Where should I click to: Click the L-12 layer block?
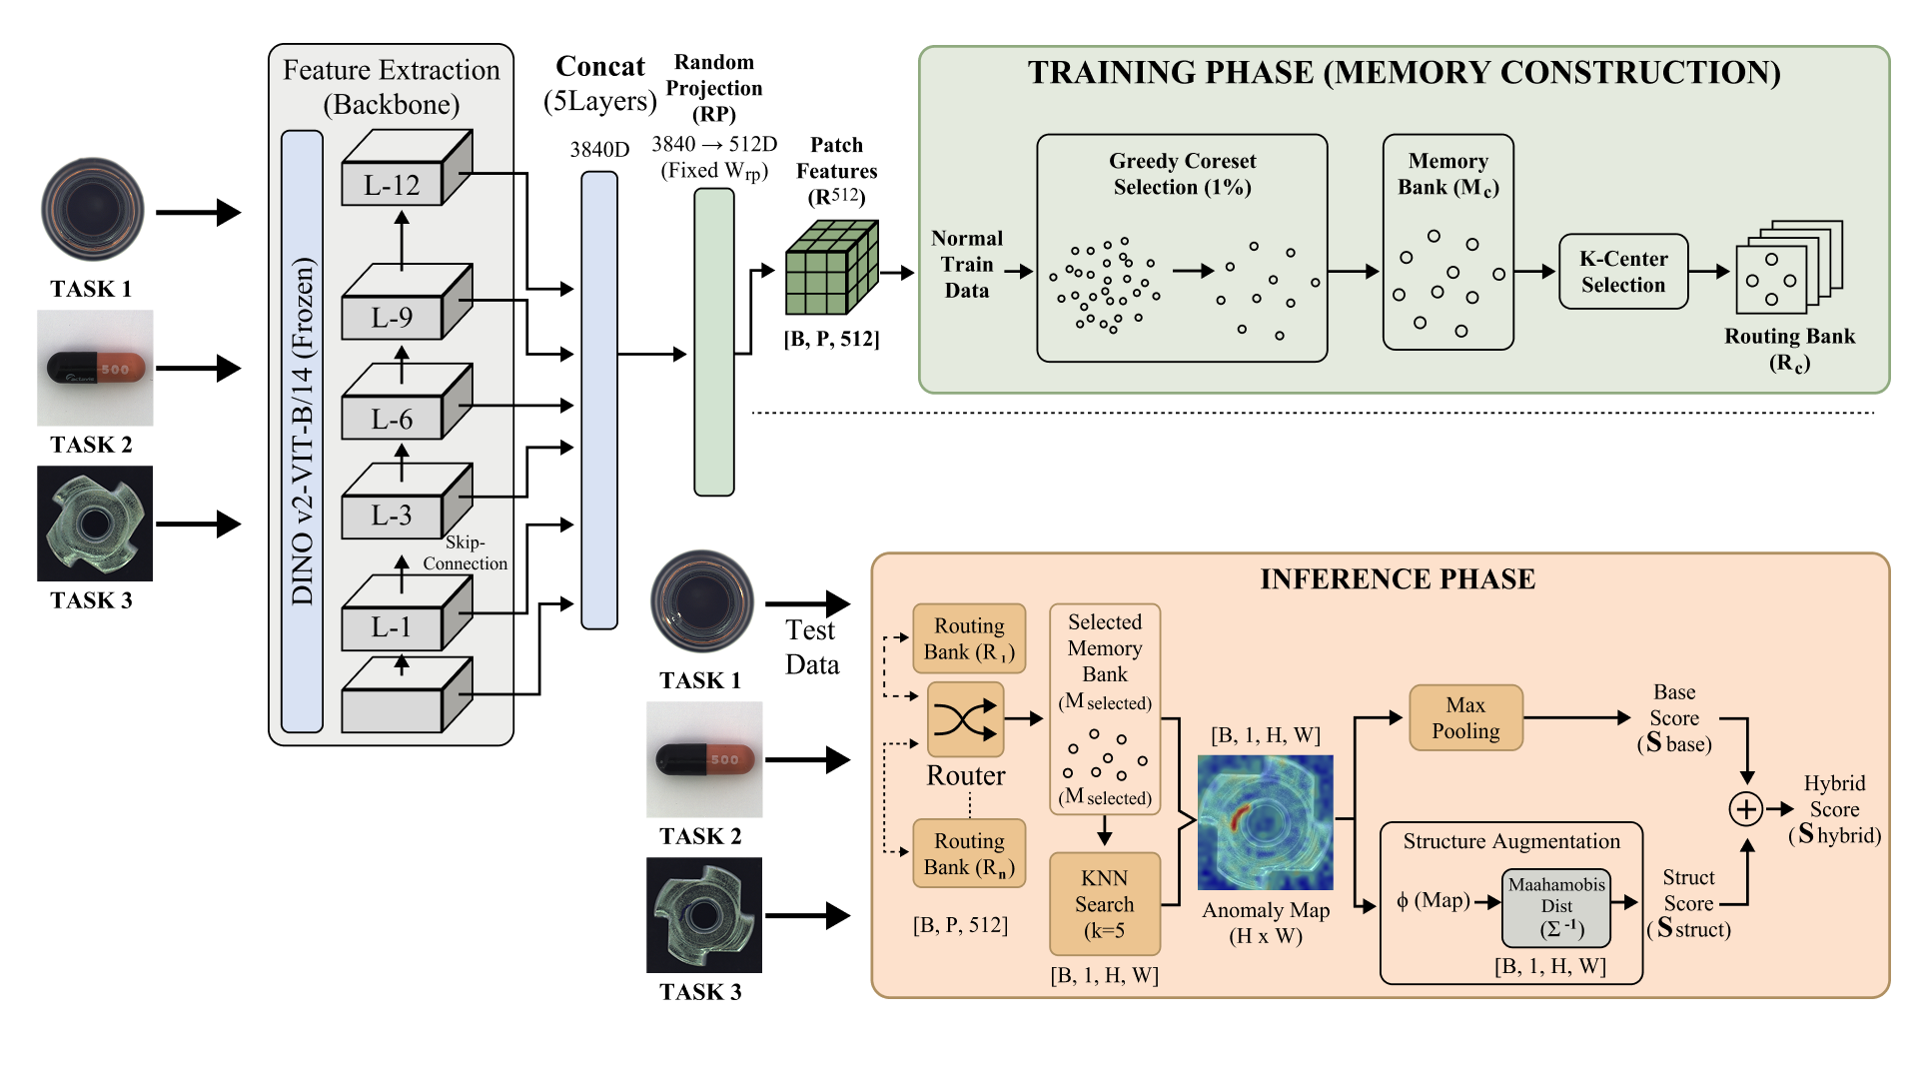pyautogui.click(x=407, y=168)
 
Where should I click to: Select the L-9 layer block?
pyautogui.click(x=407, y=302)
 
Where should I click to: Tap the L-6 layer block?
pyautogui.click(x=407, y=402)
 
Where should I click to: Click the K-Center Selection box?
pyautogui.click(x=1623, y=272)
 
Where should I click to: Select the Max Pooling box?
pyautogui.click(x=1465, y=717)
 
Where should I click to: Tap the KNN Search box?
pyautogui.click(x=1104, y=904)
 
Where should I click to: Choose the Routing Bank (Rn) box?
pyautogui.click(x=969, y=853)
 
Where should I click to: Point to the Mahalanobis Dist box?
pyautogui.click(x=1556, y=908)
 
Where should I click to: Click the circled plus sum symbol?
pyautogui.click(x=1746, y=809)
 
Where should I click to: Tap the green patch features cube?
pyautogui.click(x=831, y=268)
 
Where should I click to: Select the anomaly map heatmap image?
pyautogui.click(x=1265, y=822)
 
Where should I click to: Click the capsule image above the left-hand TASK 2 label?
pyautogui.click(x=95, y=368)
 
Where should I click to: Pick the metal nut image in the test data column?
pyautogui.click(x=704, y=915)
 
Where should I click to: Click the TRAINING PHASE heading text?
pyautogui.click(x=1404, y=73)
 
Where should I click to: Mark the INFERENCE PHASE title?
pyautogui.click(x=1398, y=579)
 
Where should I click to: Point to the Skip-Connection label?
pyautogui.click(x=466, y=552)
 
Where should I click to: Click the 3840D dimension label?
pyautogui.click(x=599, y=150)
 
